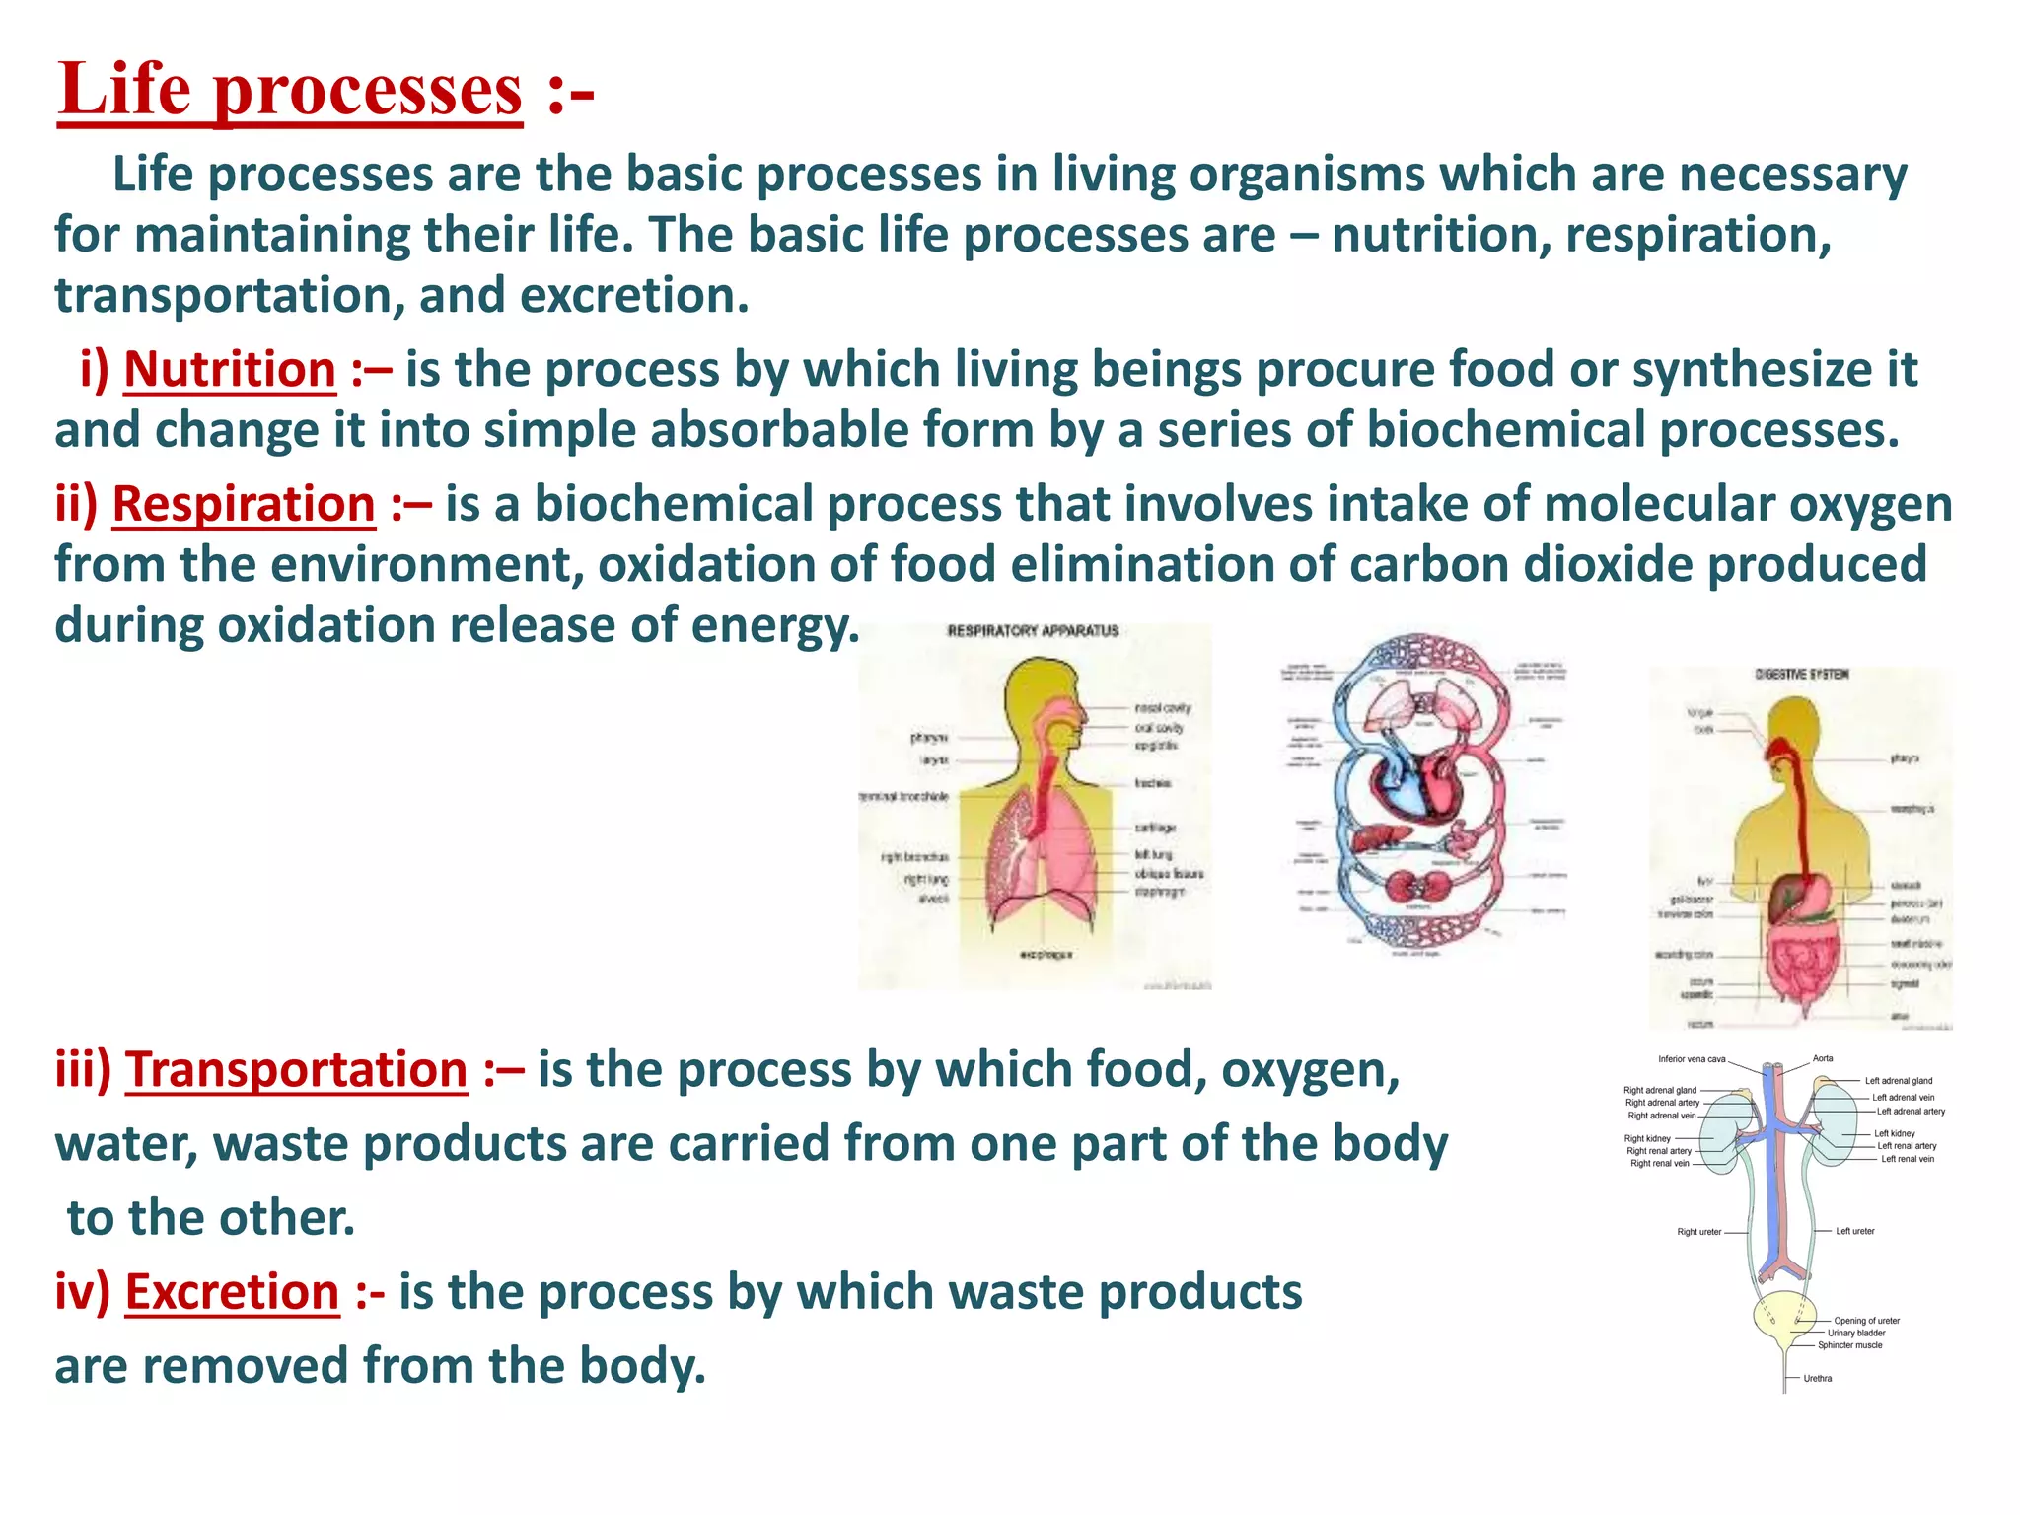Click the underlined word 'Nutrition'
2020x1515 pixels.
(230, 369)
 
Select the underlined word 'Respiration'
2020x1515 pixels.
(243, 504)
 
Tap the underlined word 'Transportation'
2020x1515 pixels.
(296, 1070)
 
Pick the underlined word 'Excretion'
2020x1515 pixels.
(232, 1292)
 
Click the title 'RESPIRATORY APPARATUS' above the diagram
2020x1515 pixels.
(1033, 631)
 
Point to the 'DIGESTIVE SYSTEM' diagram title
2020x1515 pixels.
(1801, 675)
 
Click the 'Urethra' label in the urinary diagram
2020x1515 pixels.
(1817, 1378)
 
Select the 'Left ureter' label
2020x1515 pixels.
(1854, 1231)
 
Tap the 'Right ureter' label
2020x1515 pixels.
(1698, 1232)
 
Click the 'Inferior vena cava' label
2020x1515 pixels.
(1692, 1059)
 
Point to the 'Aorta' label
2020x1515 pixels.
(1823, 1058)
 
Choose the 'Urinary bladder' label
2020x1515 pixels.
(1856, 1333)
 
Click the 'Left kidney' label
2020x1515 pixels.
(1895, 1133)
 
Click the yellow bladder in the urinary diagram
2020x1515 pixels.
(1783, 1317)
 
